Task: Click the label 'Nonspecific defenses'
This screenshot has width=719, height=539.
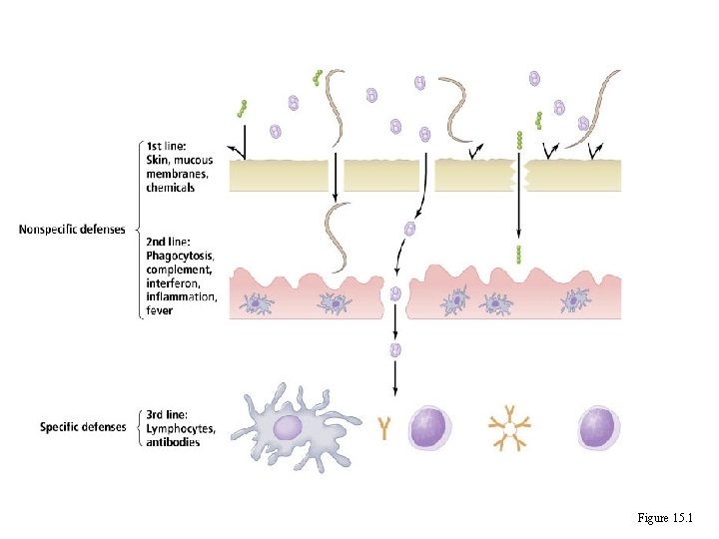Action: click(x=72, y=230)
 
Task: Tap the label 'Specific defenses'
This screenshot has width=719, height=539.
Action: click(x=83, y=427)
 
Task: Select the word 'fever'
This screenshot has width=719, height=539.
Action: click(x=159, y=310)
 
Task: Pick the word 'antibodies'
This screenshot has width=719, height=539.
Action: click(x=173, y=441)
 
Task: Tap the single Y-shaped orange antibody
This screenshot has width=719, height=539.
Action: click(x=386, y=429)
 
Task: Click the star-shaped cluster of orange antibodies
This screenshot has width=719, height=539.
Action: click(x=509, y=429)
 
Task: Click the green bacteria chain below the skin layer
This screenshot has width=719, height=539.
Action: click(x=518, y=252)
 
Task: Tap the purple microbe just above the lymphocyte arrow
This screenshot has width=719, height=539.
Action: click(x=395, y=349)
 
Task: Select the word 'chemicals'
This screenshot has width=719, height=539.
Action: click(x=171, y=188)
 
